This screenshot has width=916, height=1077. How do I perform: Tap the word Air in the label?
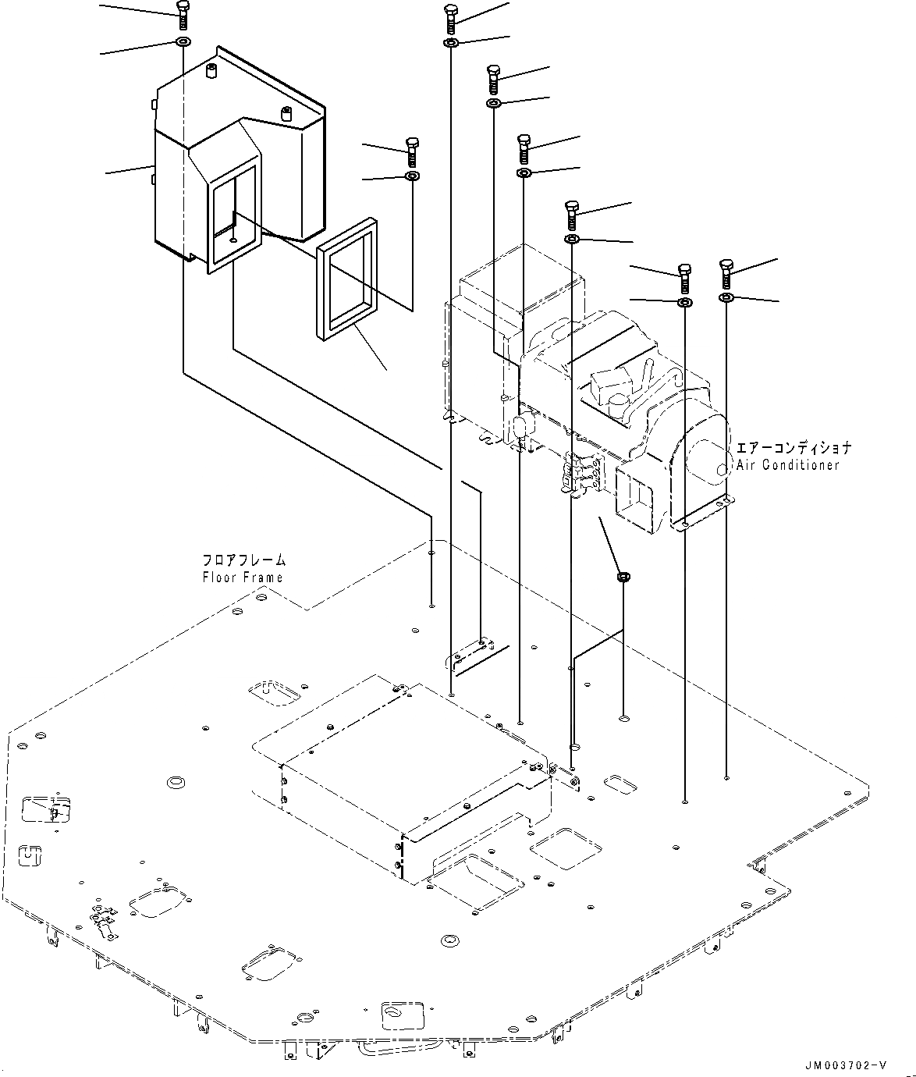point(746,465)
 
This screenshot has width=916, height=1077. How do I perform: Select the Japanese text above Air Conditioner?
point(794,449)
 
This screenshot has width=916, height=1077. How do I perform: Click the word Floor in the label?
point(219,578)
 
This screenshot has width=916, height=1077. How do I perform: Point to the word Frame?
point(265,578)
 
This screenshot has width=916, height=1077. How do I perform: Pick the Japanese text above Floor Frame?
point(244,561)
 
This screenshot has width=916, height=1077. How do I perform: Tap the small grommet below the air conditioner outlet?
point(623,578)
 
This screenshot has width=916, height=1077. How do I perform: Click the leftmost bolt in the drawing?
point(182,15)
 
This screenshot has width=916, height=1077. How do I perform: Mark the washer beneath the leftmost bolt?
point(182,41)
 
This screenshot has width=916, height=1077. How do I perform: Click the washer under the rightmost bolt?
point(726,298)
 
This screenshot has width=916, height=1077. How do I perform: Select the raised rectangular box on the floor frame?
point(398,769)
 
